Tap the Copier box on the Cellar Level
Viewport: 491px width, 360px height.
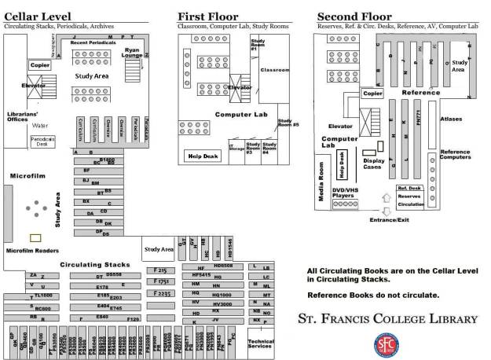38,64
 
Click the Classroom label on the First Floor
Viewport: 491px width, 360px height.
275,70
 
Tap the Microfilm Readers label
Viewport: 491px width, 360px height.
32,251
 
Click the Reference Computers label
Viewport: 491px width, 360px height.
456,154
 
